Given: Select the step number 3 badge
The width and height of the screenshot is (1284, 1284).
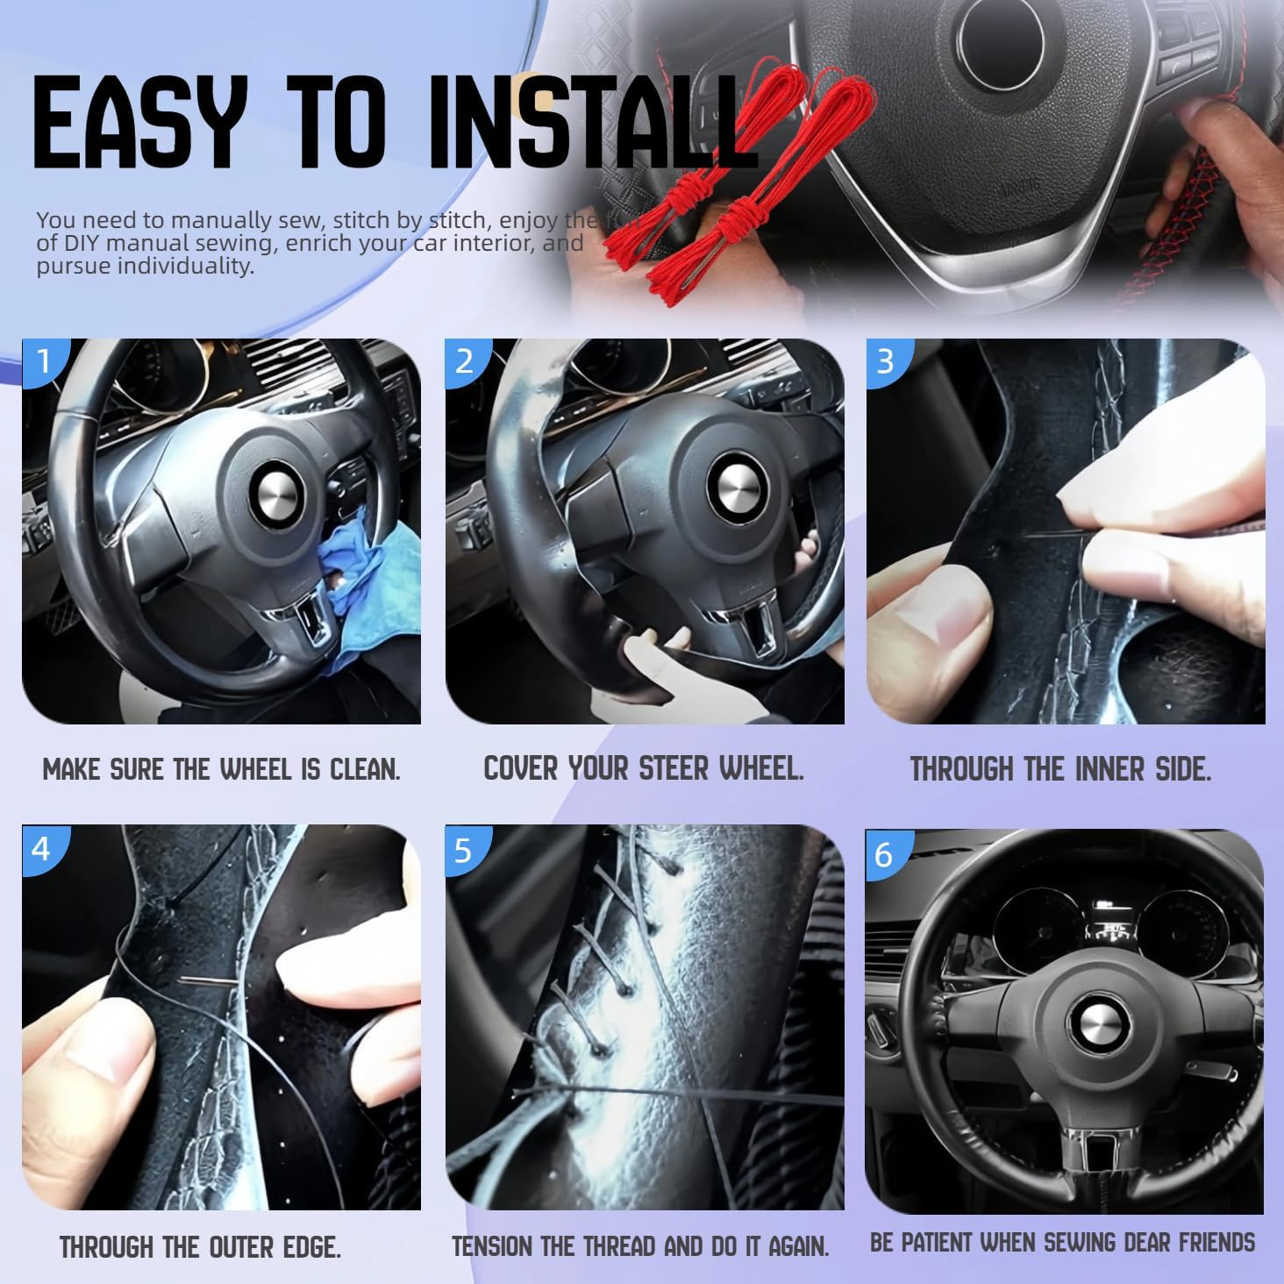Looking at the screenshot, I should point(886,360).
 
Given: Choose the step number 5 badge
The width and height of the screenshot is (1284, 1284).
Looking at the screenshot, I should point(463,849).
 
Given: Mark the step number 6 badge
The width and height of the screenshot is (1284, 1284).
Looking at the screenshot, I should point(884,853).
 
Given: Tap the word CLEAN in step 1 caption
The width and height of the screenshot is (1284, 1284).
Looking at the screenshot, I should point(364,770).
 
